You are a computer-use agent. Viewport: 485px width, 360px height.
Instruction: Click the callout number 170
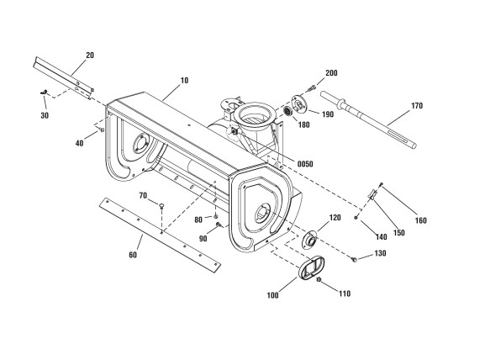pos(417,106)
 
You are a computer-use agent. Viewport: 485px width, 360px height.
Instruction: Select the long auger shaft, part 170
pos(368,119)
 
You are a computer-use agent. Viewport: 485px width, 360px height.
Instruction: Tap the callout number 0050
pos(305,164)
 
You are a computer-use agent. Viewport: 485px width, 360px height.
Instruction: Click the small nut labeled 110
pos(319,280)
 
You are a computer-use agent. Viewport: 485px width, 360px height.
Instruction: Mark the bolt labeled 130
pos(355,259)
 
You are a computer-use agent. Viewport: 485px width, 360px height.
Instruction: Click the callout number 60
pos(133,255)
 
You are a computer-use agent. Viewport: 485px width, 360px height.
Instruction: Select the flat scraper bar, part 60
pos(161,236)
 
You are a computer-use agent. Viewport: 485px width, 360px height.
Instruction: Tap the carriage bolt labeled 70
pos(161,206)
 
